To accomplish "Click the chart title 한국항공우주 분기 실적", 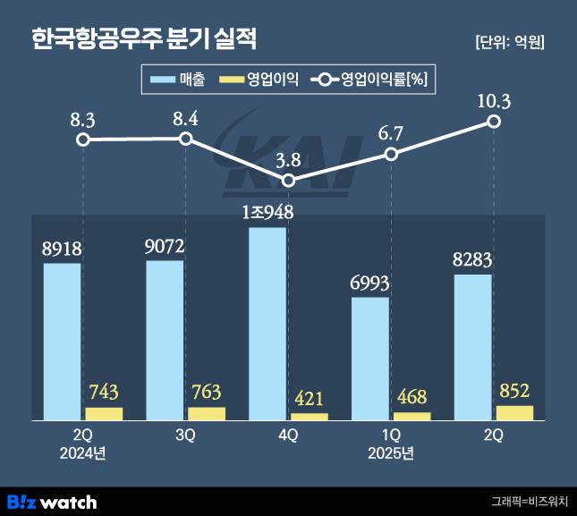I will click(x=144, y=38).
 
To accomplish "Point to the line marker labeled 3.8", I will click(x=288, y=181).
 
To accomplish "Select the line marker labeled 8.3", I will click(x=83, y=140).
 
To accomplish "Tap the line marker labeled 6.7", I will click(x=391, y=154).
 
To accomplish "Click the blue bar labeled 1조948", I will click(x=267, y=323).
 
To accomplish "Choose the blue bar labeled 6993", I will click(x=370, y=358).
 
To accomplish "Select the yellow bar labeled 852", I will click(x=514, y=412).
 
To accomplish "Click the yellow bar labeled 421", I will click(x=310, y=416).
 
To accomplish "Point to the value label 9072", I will click(x=165, y=245).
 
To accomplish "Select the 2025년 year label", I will click(x=391, y=453).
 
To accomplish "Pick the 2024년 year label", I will click(x=82, y=453).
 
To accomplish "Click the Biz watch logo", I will click(x=51, y=502).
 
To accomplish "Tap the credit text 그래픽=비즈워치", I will click(x=530, y=502).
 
